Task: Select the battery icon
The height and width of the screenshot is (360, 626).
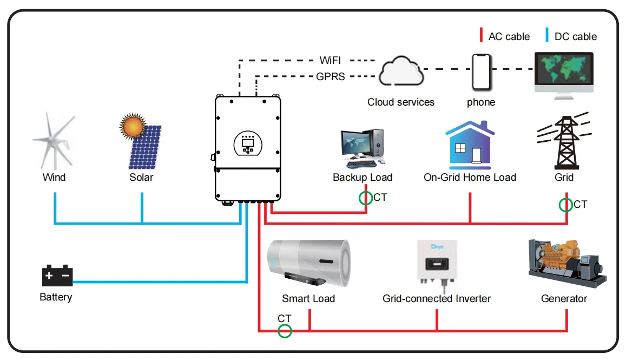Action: point(57,276)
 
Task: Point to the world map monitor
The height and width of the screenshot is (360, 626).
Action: point(563,71)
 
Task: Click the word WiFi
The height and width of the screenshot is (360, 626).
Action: point(330,60)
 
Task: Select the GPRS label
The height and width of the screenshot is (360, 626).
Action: point(331,77)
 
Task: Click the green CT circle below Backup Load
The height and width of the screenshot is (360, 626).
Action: point(366,198)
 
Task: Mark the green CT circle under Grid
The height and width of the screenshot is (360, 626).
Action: point(566,205)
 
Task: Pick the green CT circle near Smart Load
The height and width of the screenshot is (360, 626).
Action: point(285,331)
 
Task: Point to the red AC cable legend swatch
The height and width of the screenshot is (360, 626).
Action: point(481,36)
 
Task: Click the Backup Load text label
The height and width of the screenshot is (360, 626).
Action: point(363,177)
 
